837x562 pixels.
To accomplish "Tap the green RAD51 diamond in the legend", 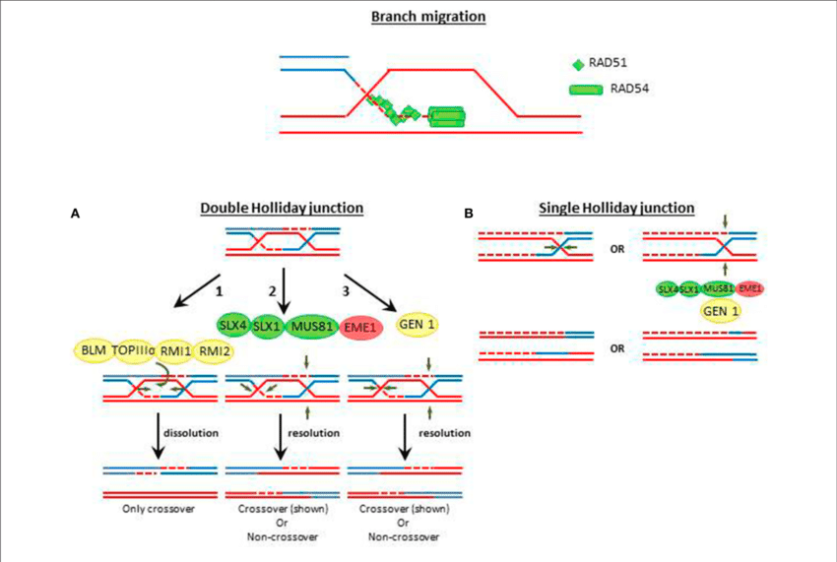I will click(578, 65).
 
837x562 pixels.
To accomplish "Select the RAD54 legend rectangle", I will click(585, 90).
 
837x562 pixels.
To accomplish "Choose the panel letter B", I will click(469, 212).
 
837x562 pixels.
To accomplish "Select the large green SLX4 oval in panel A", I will click(234, 326).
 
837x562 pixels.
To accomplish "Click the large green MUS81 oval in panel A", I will click(312, 326).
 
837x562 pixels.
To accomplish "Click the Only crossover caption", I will click(153, 511).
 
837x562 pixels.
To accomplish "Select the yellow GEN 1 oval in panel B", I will click(722, 311).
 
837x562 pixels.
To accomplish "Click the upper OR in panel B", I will click(618, 248).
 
